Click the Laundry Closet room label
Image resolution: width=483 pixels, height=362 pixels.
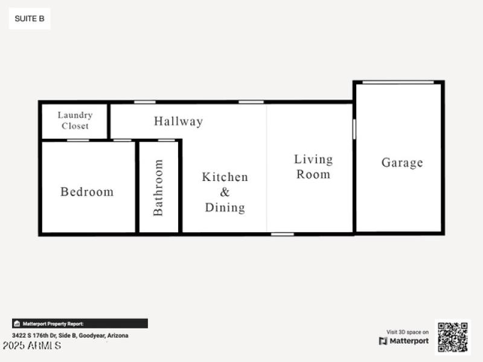pos(75,120)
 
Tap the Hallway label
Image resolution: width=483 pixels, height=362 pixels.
pos(178,121)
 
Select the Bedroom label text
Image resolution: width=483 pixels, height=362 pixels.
pos(87,192)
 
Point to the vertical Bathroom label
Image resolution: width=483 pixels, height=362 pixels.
pos(158,187)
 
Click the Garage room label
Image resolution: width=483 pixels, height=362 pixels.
pos(402,162)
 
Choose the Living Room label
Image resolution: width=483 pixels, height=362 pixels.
pos(313,167)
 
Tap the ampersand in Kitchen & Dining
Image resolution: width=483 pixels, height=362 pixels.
pos(225,192)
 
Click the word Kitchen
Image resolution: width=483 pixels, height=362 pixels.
pos(225,177)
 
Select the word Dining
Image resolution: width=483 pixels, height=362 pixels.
pos(225,208)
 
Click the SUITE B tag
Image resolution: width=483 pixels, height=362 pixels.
pos(30,19)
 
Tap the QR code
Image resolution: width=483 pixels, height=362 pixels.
pos(452,337)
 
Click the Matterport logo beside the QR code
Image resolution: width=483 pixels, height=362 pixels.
pos(404,341)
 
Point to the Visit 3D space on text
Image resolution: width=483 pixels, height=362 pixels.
pos(408,332)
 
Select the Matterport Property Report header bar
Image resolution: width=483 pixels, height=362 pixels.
pos(80,323)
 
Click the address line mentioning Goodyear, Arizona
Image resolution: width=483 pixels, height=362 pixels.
pos(70,335)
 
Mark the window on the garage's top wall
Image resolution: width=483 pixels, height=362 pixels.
pos(398,82)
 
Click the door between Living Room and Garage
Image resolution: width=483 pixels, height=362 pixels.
pos(354,129)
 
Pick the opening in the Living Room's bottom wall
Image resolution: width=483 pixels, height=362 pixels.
pos(282,233)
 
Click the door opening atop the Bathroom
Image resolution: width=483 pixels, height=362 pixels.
pos(166,141)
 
